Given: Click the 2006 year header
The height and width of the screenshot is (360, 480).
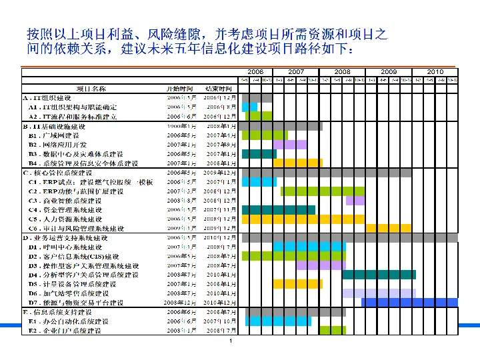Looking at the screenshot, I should tap(255, 72).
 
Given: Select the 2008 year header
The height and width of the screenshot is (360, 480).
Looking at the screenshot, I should tap(342, 72).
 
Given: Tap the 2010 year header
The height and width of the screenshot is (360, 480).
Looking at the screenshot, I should tap(435, 72).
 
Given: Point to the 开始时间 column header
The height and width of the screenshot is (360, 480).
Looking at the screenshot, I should tap(180, 89).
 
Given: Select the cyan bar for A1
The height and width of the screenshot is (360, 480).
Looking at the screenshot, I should tap(249, 107).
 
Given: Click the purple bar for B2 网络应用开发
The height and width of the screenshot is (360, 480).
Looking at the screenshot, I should tap(290, 144).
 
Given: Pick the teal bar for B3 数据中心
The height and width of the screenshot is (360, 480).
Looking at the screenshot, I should tap(259, 153).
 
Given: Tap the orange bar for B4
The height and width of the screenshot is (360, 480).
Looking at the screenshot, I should tap(297, 163).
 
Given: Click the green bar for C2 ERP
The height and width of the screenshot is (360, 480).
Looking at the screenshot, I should tap(323, 191).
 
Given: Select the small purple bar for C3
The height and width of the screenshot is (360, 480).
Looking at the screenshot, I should tap(355, 201).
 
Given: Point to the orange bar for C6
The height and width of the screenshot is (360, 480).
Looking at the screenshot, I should tap(388, 228).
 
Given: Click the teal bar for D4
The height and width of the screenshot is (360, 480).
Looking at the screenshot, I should tap(379, 274).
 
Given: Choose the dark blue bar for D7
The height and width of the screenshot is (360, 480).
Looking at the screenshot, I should tap(409, 302).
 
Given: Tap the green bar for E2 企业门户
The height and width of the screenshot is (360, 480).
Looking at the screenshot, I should tap(332, 330).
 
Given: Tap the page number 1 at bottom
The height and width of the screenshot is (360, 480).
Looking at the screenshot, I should tap(229, 342).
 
